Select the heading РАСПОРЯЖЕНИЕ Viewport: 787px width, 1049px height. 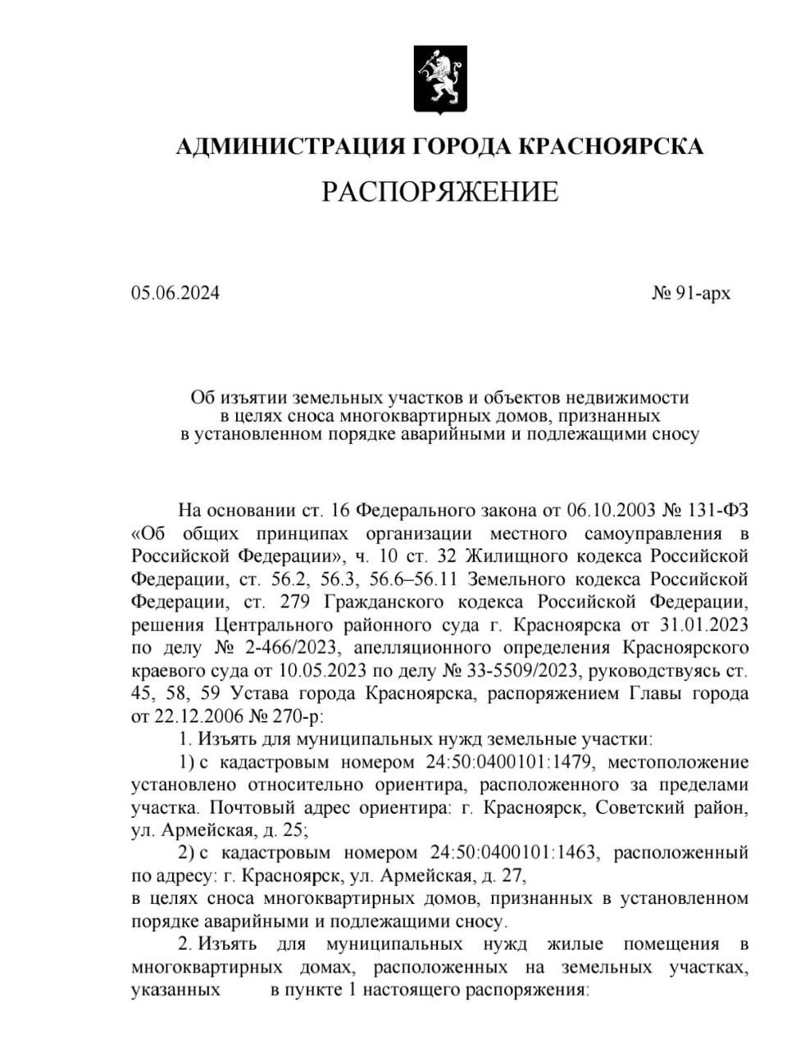pyautogui.click(x=439, y=192)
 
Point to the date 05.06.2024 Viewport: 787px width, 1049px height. pyautogui.click(x=175, y=293)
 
